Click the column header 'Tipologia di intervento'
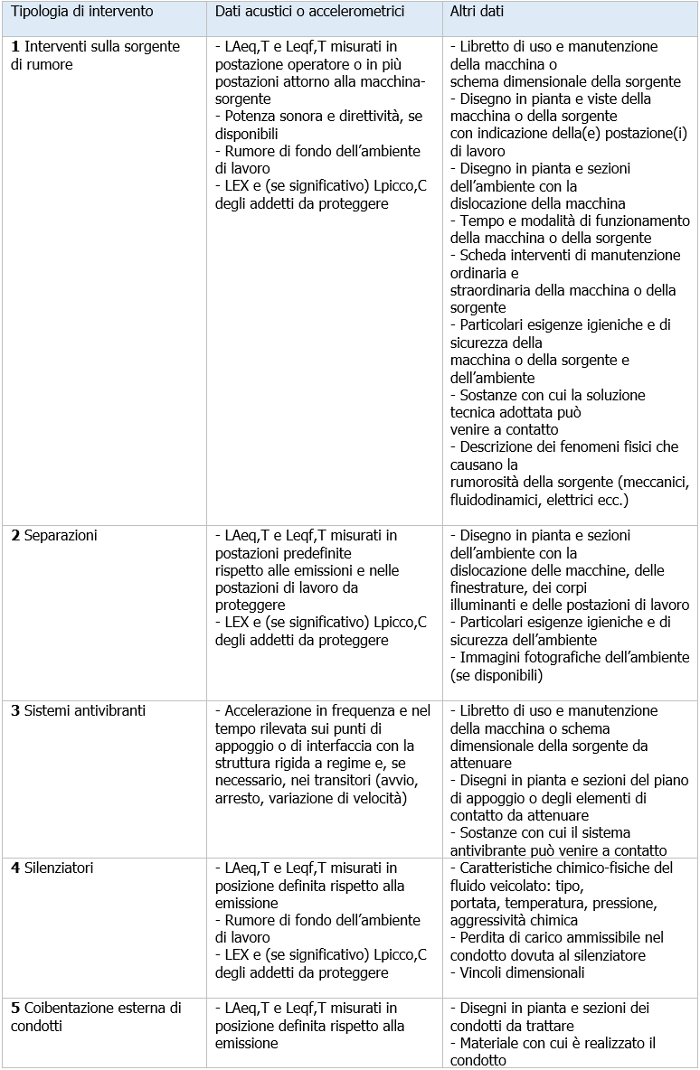tap(82, 13)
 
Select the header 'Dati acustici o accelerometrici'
tap(309, 13)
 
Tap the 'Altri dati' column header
tap(477, 13)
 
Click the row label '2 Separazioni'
tap(54, 536)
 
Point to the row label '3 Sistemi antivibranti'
tap(76, 711)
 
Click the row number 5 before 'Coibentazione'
tap(15, 1008)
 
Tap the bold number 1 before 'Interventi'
tap(15, 46)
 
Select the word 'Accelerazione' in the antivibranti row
tap(268, 711)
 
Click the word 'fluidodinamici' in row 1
tap(495, 500)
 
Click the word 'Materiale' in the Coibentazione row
tap(489, 1043)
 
